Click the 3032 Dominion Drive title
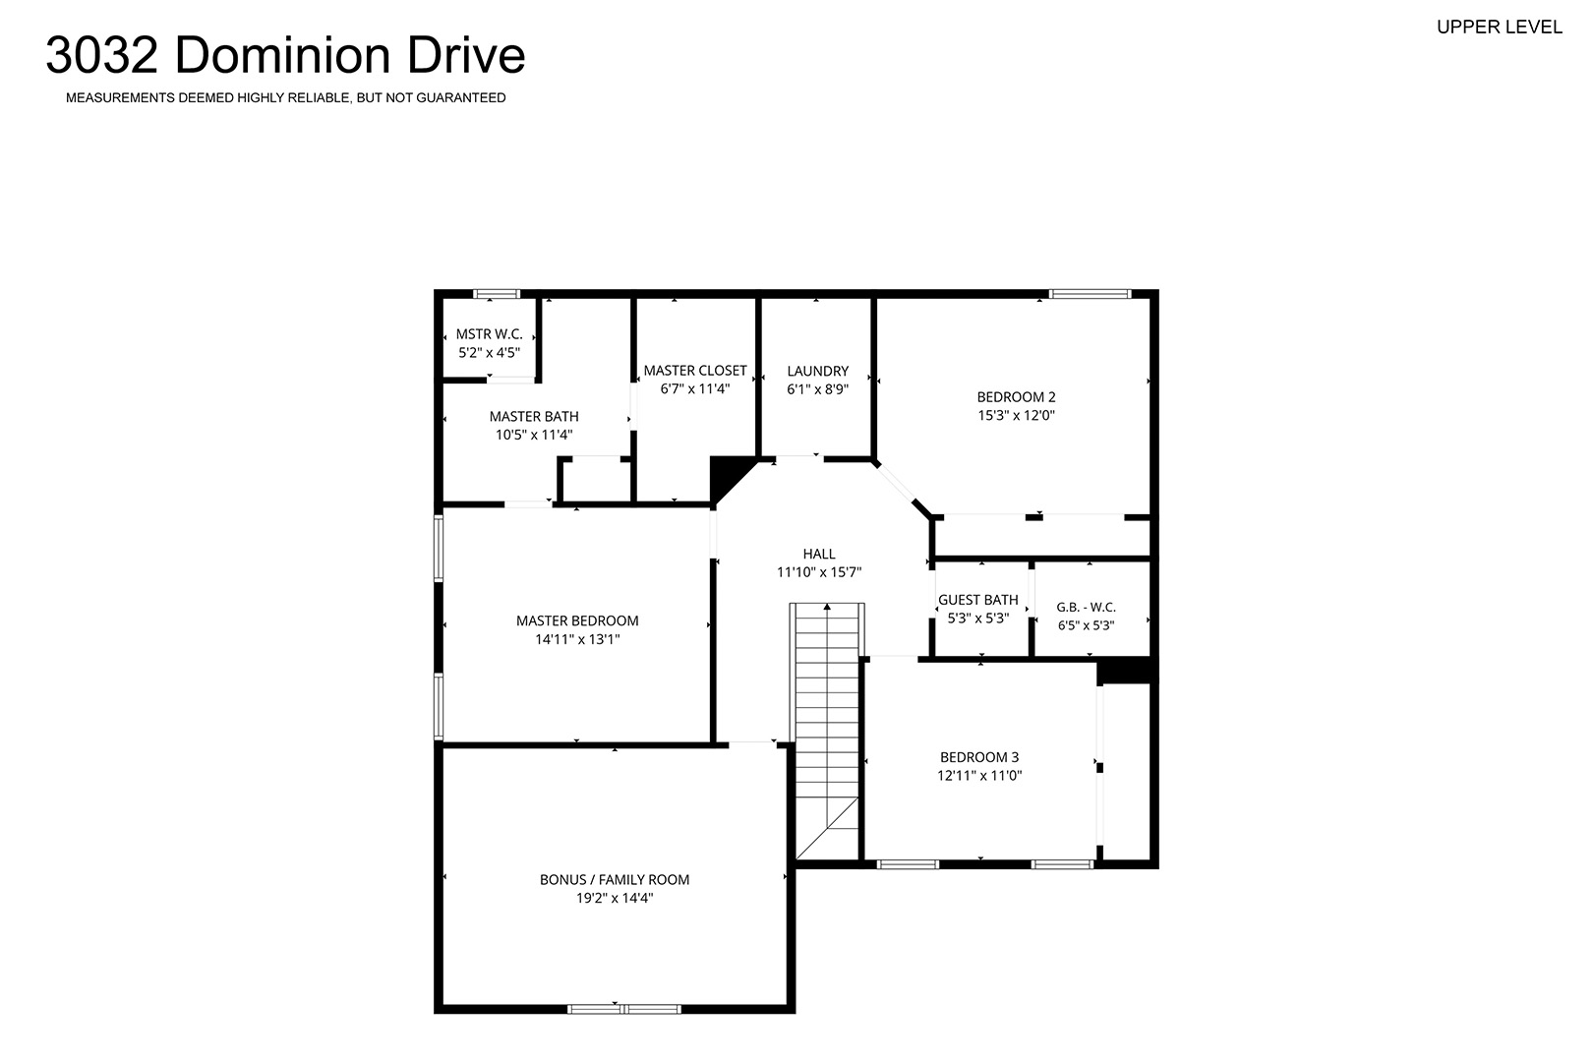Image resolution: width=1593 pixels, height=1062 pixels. pyautogui.click(x=285, y=55)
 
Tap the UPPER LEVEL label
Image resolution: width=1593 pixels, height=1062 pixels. pyautogui.click(x=1500, y=27)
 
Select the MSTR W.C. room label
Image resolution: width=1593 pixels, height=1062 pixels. pyautogui.click(x=490, y=333)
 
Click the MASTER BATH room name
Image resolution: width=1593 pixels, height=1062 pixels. pyautogui.click(x=534, y=416)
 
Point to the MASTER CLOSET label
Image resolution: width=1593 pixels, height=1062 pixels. pyautogui.click(x=695, y=371)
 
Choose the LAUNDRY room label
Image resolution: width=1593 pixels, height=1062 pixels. pyautogui.click(x=818, y=371)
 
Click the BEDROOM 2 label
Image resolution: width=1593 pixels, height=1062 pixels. pyautogui.click(x=1016, y=397)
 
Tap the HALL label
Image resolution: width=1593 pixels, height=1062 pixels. pyautogui.click(x=819, y=554)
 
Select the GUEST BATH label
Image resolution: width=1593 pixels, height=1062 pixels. pyautogui.click(x=978, y=600)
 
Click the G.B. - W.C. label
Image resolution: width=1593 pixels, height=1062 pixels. pyautogui.click(x=1086, y=608)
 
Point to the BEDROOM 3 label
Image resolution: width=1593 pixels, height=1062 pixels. pyautogui.click(x=979, y=757)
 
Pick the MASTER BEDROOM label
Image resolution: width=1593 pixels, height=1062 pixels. pyautogui.click(x=577, y=621)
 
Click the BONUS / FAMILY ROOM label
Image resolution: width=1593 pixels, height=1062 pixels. pyautogui.click(x=615, y=880)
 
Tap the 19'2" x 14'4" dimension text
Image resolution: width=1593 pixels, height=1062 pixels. pyautogui.click(x=615, y=898)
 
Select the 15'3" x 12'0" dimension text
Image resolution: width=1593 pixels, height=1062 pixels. pyautogui.click(x=1016, y=415)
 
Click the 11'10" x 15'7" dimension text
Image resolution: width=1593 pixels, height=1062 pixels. pyautogui.click(x=819, y=572)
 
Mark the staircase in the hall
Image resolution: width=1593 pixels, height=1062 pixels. pyautogui.click(x=827, y=732)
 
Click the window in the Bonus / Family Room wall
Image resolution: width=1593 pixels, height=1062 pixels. pyautogui.click(x=623, y=1009)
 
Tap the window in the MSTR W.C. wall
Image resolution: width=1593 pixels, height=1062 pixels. pyautogui.click(x=497, y=294)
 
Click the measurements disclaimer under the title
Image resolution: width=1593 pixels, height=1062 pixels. pyautogui.click(x=286, y=98)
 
